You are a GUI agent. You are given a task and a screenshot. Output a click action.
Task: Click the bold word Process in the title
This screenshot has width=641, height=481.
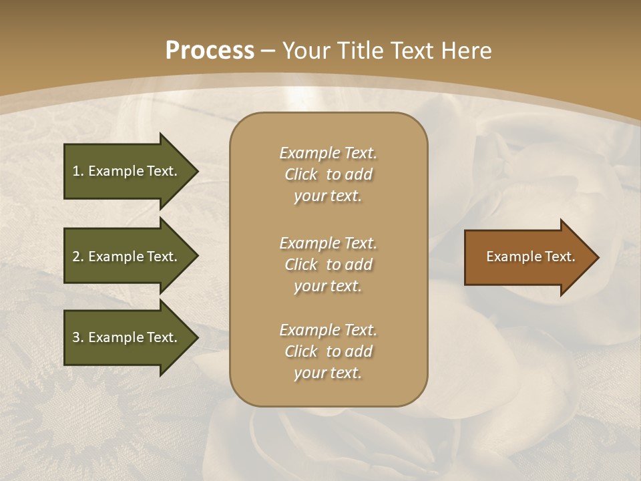coord(210,51)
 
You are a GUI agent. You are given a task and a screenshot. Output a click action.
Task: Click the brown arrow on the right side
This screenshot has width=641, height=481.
coord(527,257)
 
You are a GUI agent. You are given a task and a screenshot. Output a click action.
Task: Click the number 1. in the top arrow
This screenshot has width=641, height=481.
coord(77,171)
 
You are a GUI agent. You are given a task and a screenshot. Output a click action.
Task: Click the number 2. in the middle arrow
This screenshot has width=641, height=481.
coord(77,257)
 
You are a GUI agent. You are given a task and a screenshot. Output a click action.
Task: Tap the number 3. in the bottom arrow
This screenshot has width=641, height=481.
coord(77,337)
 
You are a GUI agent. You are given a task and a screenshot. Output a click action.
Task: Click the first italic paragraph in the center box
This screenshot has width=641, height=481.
coord(328,174)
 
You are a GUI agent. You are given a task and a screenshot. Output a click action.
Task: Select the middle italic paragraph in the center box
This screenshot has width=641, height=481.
coord(328,264)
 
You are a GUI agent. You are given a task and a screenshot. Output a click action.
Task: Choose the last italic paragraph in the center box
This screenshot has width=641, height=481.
coord(328,351)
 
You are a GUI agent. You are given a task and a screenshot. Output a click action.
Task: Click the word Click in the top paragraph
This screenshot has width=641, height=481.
coord(300,174)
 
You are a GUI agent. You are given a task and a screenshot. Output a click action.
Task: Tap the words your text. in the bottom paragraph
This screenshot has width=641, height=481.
coord(328,373)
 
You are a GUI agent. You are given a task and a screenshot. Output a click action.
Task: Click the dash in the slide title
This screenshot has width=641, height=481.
coord(268,51)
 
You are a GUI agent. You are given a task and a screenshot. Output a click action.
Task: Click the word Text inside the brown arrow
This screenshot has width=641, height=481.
coord(560,257)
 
